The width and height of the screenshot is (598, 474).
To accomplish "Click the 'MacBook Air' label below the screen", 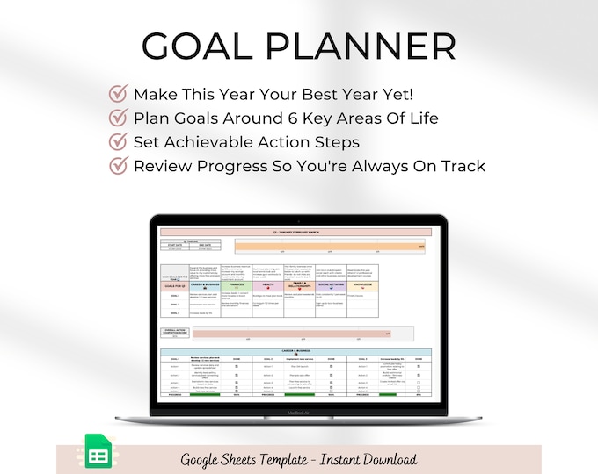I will [x=298, y=408].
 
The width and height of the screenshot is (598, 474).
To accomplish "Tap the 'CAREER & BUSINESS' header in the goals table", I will [x=206, y=284].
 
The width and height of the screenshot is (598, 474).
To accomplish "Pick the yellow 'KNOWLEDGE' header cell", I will [x=361, y=284].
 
